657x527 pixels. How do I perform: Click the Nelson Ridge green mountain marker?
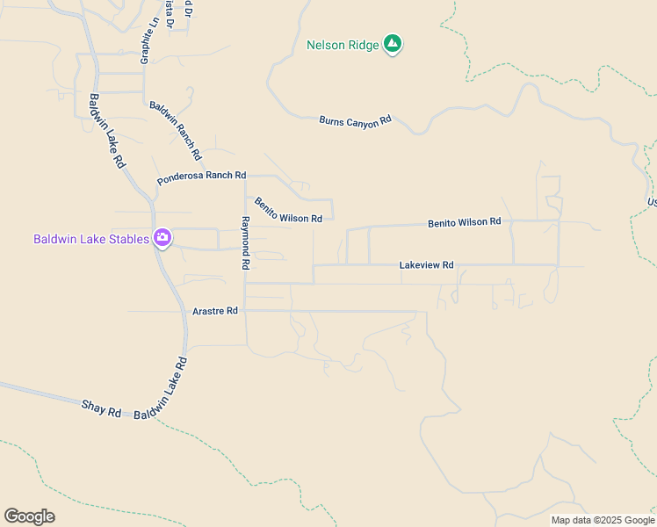point(393,44)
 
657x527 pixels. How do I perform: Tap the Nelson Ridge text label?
point(343,45)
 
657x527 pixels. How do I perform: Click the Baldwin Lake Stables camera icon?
point(162,238)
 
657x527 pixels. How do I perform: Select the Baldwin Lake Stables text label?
point(91,239)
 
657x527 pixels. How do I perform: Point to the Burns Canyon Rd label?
point(355,121)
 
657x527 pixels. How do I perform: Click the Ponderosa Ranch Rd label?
point(202,177)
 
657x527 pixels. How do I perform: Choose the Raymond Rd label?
point(246,243)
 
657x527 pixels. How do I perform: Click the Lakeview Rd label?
point(426,264)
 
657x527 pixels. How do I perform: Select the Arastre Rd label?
point(215,311)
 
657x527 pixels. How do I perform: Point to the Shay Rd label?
point(101,408)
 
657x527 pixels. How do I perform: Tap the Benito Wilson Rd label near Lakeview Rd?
point(464,223)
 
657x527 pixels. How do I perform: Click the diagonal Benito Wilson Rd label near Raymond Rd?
point(288,212)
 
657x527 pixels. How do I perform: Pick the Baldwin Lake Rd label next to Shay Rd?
point(162,387)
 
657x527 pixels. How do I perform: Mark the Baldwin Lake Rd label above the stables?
point(107,132)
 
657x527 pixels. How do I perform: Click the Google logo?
point(30,516)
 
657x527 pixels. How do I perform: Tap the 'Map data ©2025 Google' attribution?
point(603,520)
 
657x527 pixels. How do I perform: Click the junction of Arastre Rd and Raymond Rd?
point(245,311)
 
